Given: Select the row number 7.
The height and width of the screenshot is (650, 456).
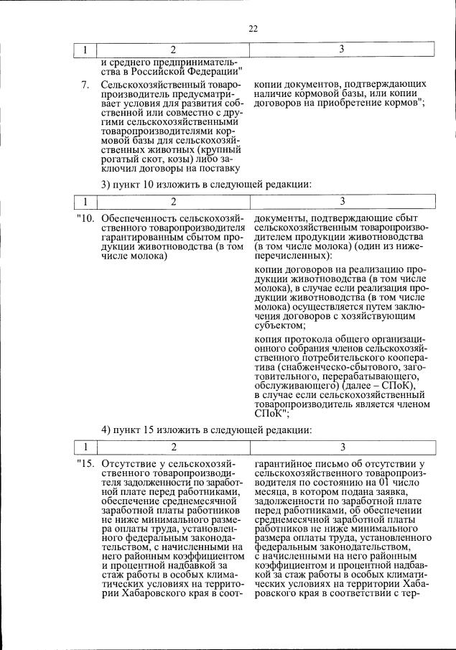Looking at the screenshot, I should (85, 85).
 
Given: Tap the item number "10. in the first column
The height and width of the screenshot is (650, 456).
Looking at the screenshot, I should (85, 218).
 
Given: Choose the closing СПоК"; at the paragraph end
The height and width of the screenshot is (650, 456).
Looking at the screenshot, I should (271, 413).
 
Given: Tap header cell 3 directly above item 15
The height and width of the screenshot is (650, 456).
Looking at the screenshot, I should (342, 447).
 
